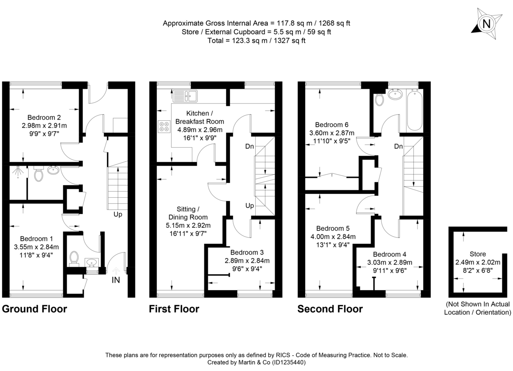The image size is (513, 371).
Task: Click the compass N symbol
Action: tap(486, 24)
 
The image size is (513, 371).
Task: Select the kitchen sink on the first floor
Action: tap(185, 95)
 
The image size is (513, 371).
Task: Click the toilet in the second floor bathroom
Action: tap(379, 99)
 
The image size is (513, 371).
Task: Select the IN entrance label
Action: tap(116, 280)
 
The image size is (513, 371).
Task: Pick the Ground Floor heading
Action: tap(35, 309)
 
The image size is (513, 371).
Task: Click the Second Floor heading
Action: tap(330, 309)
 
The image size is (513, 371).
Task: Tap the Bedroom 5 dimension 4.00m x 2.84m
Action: tap(333, 236)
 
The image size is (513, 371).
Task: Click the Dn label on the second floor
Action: tap(398, 147)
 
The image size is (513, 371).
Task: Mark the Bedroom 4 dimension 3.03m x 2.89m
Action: tap(390, 262)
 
